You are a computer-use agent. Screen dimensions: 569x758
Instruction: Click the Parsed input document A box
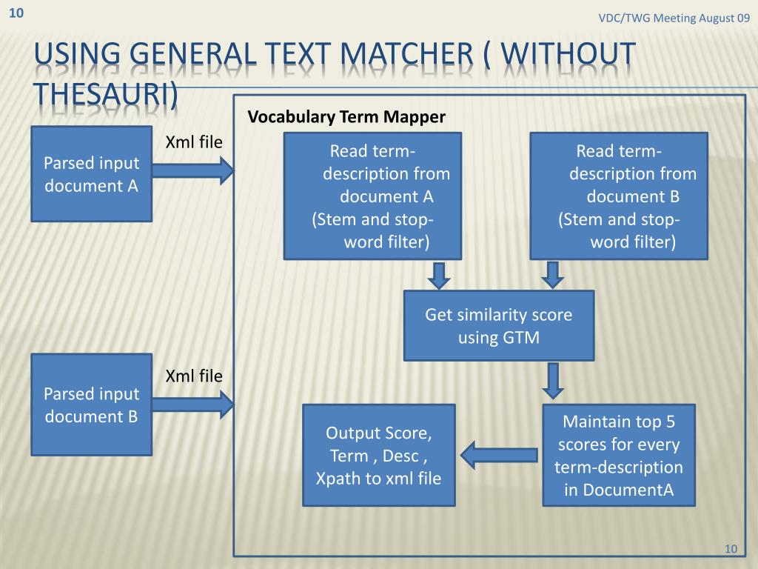(x=91, y=174)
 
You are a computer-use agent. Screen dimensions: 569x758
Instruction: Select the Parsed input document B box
(x=91, y=405)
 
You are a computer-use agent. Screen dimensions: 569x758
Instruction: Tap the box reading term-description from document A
(x=372, y=196)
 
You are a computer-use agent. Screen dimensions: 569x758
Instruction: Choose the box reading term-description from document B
(x=619, y=196)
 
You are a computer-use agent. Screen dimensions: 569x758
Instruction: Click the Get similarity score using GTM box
(x=498, y=326)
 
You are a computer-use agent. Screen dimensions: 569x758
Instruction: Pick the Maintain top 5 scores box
(x=619, y=455)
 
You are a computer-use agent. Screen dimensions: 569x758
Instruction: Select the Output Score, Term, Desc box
(x=378, y=455)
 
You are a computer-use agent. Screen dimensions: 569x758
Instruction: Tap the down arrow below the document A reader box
(x=439, y=274)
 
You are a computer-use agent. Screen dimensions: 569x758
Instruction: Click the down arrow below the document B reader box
(x=551, y=274)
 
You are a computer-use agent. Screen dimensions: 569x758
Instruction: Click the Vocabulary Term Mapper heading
(x=346, y=117)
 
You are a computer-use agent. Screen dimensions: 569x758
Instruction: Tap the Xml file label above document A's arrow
(x=193, y=142)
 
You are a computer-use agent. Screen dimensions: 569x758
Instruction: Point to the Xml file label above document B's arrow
(x=193, y=376)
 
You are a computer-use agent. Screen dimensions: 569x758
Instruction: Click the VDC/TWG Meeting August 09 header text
(x=674, y=18)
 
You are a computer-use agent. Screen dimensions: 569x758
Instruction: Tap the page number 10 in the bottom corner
(x=731, y=548)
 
